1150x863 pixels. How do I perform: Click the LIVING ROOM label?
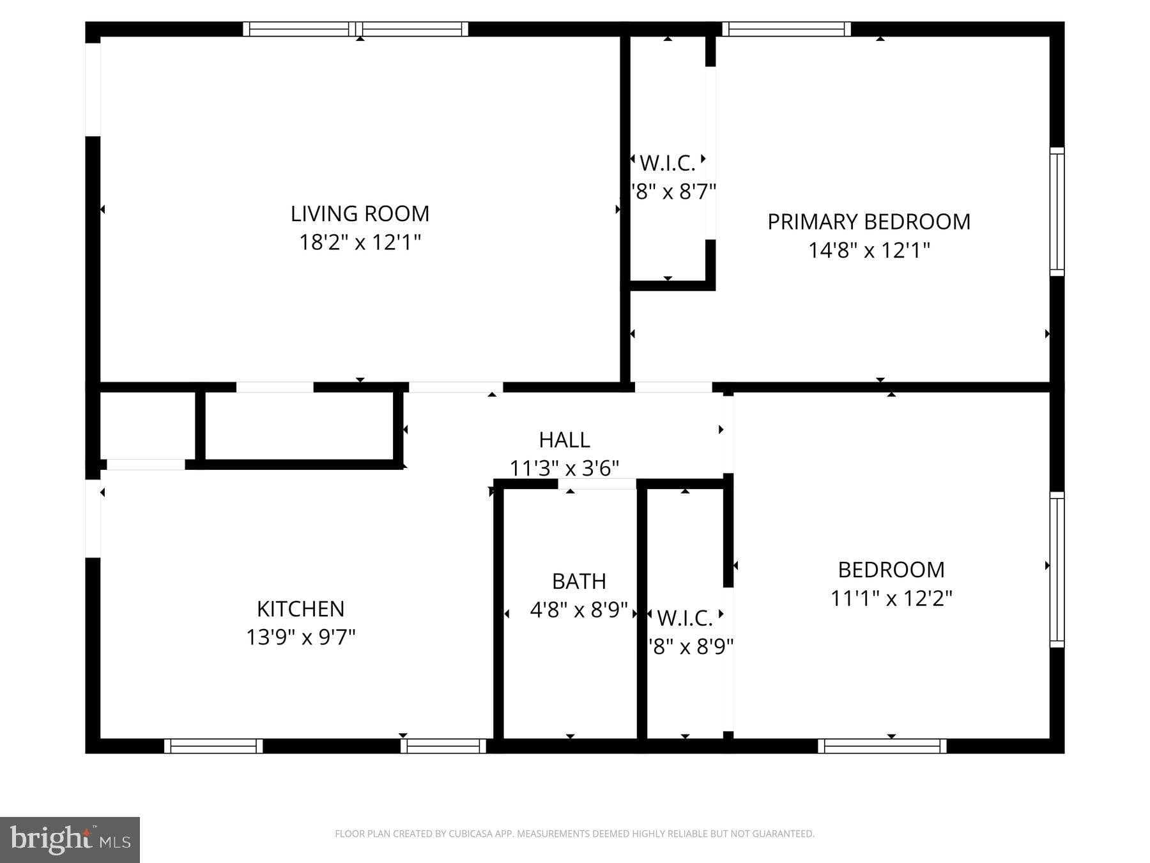360,214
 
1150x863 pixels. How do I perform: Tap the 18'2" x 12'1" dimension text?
360,242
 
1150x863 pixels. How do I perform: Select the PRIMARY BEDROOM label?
868,222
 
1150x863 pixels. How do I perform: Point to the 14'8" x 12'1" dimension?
868,250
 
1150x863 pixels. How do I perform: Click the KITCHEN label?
300,609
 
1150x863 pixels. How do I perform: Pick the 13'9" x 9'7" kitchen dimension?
300,637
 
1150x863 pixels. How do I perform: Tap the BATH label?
579,581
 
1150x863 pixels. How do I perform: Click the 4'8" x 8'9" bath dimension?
579,610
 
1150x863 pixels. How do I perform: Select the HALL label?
564,440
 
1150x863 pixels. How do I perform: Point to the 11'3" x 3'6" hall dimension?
564,469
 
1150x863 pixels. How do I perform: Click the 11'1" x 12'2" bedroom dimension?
891,598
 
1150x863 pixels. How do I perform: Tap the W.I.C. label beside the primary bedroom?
667,164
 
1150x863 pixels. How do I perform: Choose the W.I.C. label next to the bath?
684,618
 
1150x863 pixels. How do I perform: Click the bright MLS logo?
70,839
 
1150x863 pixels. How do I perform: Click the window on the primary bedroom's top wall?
786,29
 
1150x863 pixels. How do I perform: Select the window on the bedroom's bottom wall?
882,745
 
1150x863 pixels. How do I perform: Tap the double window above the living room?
355,29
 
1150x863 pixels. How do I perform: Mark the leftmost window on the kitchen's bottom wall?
213,745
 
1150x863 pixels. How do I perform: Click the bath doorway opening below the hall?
597,484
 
